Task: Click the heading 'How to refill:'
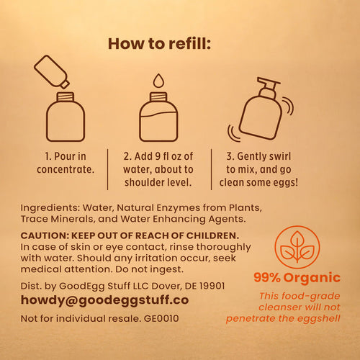point(159,43)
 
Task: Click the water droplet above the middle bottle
point(158,81)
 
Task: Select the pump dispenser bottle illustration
point(261,111)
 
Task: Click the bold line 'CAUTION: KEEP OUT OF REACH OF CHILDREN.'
point(130,236)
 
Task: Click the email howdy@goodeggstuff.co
point(105,300)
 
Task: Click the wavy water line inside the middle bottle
point(158,113)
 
